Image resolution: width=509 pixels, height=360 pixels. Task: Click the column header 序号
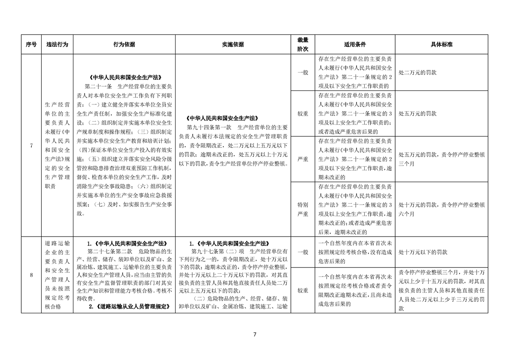point(31,44)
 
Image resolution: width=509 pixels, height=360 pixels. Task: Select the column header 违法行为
point(57,44)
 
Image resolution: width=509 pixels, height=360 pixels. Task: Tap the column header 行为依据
point(124,44)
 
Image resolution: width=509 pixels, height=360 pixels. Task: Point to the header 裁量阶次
point(303,44)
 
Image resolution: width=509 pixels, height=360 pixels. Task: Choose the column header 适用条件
point(355,44)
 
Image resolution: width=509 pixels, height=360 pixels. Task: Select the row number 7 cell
point(31,145)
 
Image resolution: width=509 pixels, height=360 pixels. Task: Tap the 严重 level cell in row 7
point(303,159)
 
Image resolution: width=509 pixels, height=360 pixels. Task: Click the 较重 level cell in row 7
point(303,113)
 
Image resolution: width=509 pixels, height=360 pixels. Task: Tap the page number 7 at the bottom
point(254,335)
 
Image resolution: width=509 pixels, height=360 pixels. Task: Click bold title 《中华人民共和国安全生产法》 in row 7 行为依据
point(124,77)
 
